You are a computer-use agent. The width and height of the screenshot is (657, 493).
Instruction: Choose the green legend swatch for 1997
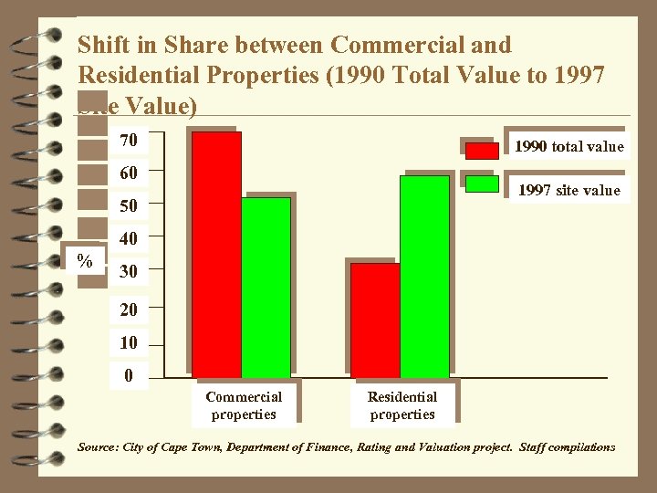tap(482, 184)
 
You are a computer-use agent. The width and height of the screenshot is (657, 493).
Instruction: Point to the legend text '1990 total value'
tap(568, 146)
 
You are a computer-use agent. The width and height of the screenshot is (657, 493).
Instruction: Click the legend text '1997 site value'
tap(568, 190)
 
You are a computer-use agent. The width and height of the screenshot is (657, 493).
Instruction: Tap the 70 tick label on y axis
tap(129, 141)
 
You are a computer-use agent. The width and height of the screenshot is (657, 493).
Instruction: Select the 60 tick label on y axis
tap(129, 173)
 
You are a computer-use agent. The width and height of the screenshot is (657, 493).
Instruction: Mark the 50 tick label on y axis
tap(129, 206)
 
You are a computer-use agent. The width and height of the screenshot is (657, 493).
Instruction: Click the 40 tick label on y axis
tap(129, 239)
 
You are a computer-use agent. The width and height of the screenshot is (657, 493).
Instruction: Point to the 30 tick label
tap(129, 272)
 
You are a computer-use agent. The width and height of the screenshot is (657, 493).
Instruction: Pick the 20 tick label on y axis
tap(129, 310)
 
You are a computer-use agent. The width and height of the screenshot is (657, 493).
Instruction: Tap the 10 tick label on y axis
tap(129, 343)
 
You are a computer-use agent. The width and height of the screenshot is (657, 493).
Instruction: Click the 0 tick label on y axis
tap(129, 374)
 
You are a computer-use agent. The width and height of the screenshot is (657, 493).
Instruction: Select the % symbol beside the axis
tap(85, 261)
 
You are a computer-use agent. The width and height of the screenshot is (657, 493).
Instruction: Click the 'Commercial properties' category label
tap(244, 405)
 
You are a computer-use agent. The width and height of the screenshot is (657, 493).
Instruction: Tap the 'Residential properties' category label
tap(402, 405)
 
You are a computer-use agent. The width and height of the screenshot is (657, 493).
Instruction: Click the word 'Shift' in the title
tap(103, 45)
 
